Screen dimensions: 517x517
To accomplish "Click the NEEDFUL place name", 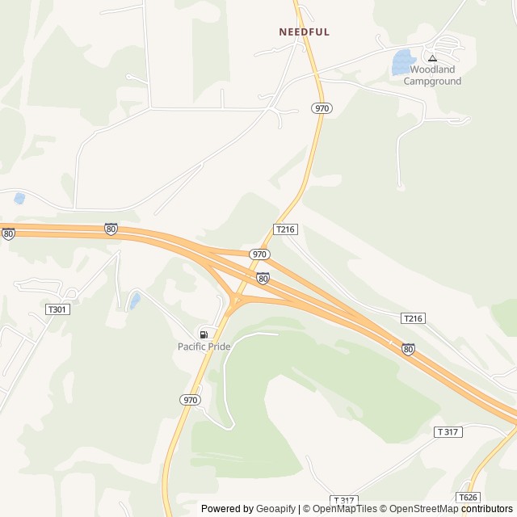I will [304, 32].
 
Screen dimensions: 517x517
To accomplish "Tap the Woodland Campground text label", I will [432, 75].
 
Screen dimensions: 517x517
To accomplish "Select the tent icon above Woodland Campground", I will [432, 57].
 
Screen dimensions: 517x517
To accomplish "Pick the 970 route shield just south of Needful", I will [322, 107].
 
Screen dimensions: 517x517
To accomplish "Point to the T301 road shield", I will [57, 309].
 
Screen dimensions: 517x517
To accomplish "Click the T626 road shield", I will [467, 497].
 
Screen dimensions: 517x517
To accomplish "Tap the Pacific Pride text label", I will [204, 347].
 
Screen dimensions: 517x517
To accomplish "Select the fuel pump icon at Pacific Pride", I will [204, 334].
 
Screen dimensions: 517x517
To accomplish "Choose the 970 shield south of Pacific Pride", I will [189, 399].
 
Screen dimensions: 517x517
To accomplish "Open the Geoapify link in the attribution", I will [275, 509].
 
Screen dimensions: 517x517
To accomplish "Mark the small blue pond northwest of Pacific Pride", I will [135, 301].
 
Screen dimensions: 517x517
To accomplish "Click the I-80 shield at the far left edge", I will [8, 233].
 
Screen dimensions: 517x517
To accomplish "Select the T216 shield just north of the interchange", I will [286, 229].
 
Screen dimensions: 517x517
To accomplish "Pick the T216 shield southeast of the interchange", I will [412, 319].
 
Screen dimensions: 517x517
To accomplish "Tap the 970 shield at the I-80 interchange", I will [258, 254].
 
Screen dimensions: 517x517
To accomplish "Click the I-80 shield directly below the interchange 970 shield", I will [263, 278].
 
